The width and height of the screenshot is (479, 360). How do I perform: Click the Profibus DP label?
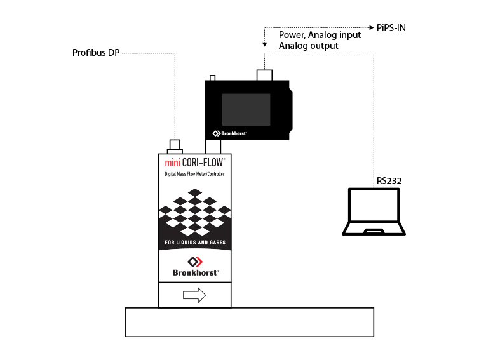pos(95,53)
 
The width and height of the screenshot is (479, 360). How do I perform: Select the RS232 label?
pos(389,181)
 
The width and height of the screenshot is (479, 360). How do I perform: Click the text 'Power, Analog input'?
pos(320,35)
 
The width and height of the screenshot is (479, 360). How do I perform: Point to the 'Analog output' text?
pos(309,46)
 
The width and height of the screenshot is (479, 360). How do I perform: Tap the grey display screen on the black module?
pos(246,109)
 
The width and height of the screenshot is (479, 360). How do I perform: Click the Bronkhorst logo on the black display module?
pos(229,133)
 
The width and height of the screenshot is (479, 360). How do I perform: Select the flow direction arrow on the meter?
pos(194,295)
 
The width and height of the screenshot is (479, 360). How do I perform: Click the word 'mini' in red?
pos(173,163)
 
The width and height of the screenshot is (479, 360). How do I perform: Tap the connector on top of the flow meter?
pos(174,145)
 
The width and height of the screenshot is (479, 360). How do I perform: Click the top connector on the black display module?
pos(264,75)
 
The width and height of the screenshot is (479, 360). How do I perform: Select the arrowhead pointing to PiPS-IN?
pos(374,28)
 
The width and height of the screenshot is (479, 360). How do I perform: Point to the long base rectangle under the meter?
pos(249,322)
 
